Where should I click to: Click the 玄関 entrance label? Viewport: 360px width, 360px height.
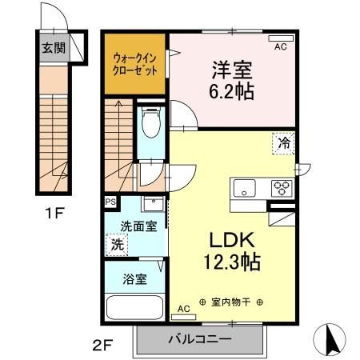[x=51, y=46]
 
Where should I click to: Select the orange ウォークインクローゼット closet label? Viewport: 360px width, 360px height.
[x=134, y=64]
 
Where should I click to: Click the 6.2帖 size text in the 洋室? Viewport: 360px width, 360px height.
[x=232, y=91]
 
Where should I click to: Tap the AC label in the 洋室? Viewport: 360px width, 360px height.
[x=280, y=48]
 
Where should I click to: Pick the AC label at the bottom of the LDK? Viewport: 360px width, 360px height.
[x=182, y=308]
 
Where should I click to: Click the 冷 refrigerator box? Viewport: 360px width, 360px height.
[x=284, y=144]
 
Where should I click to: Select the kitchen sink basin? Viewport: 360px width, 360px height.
[x=245, y=189]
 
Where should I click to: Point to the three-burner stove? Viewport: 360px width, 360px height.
[x=282, y=189]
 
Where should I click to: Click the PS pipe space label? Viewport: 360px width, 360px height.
[x=110, y=202]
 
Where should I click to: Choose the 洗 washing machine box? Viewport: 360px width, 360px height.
[x=118, y=244]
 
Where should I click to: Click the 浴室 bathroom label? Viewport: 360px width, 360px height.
[x=134, y=279]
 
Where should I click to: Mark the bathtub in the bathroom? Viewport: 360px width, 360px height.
[x=134, y=307]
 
